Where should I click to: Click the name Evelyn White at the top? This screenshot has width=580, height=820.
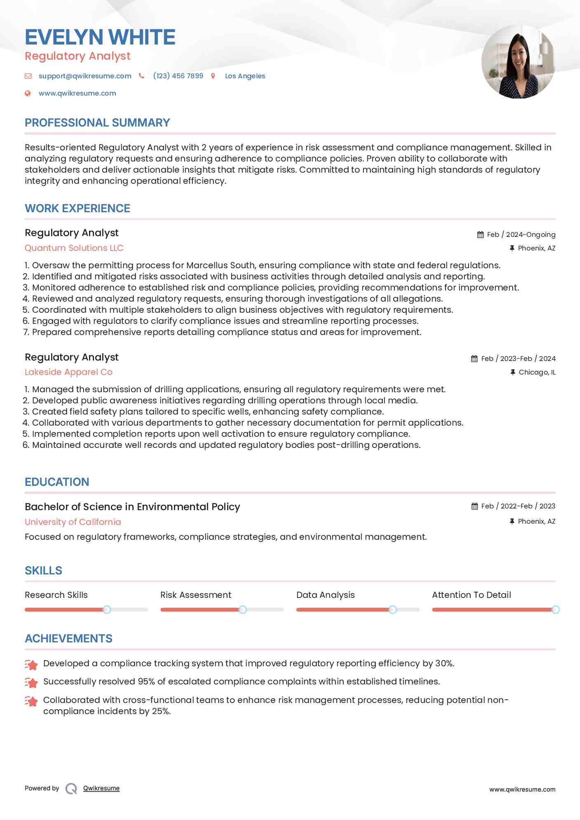pos(100,37)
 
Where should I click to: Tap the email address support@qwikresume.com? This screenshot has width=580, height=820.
pos(85,76)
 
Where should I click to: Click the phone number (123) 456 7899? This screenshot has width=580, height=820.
pos(178,76)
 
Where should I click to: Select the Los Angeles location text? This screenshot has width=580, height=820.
pos(245,76)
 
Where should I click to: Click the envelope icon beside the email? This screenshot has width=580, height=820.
pos(28,76)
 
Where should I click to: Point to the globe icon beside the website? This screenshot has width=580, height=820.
pos(28,93)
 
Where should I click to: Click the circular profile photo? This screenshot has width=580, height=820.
pos(518,62)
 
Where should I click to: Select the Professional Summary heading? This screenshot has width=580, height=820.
pos(97,123)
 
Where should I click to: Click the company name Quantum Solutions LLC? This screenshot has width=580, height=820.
pos(74,248)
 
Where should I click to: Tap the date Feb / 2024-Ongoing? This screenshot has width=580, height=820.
pos(521,234)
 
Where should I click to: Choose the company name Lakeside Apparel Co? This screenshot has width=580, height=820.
pos(68,372)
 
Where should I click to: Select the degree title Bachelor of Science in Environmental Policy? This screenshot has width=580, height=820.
pos(132,507)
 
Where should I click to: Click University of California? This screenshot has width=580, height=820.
pos(73,522)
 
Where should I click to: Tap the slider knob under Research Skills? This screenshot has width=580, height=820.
pos(107,609)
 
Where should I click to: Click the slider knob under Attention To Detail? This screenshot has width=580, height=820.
pos(555,609)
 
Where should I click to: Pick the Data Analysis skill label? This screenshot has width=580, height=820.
pos(325,595)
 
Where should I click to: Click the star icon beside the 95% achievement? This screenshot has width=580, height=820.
pos(31,682)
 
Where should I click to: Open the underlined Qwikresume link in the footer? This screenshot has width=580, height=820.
pos(101,788)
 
